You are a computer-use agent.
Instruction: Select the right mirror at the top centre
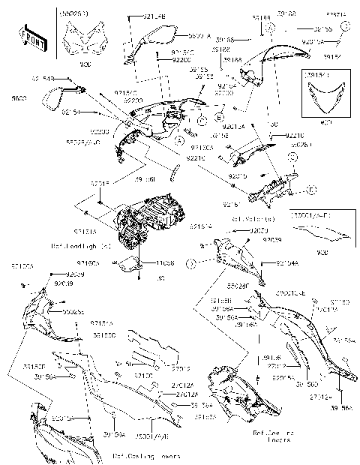pyautogui.click(x=158, y=34)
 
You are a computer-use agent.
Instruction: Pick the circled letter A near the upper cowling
pyautogui.click(x=179, y=139)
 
